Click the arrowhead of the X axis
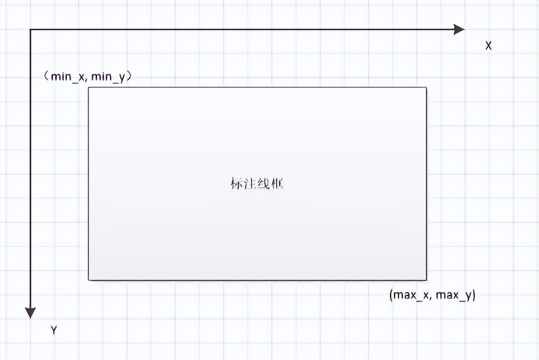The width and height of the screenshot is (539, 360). (x=459, y=29)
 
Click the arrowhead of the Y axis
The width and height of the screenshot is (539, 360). (x=30, y=313)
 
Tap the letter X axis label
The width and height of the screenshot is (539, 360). (x=488, y=46)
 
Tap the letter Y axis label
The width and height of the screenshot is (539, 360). (x=54, y=331)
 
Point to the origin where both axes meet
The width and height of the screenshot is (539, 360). (x=30, y=29)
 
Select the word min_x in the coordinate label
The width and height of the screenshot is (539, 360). (x=68, y=77)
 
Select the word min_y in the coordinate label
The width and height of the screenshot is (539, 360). (x=108, y=77)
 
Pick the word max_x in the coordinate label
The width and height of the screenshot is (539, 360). (x=411, y=295)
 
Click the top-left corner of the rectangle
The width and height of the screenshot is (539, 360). (x=88, y=87)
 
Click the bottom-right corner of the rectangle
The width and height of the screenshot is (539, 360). (x=426, y=280)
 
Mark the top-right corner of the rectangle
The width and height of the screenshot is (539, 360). (x=426, y=87)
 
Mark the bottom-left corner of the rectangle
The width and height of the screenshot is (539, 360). (x=88, y=280)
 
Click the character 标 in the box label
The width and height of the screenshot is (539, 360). (x=237, y=184)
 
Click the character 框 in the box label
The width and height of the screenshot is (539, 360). (x=277, y=184)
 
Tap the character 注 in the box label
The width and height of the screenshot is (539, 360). (x=250, y=184)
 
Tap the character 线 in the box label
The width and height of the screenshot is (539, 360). (x=264, y=184)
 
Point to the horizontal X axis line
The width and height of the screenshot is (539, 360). (x=241, y=29)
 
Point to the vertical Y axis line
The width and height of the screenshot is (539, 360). (x=30, y=169)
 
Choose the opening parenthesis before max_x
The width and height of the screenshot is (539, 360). (x=391, y=295)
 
